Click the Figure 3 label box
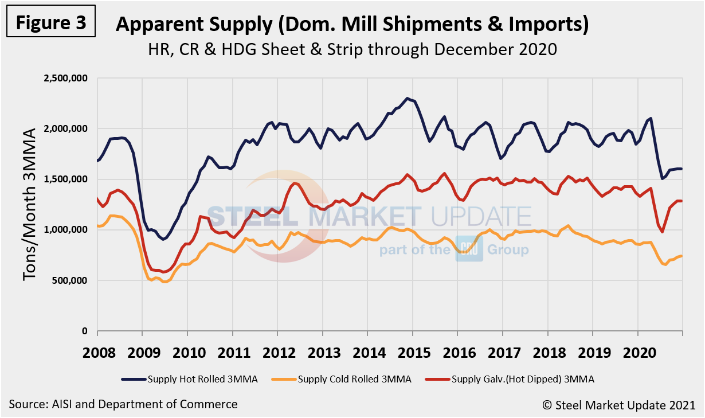pyautogui.click(x=51, y=23)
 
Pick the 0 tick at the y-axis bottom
pyautogui.click(x=84, y=331)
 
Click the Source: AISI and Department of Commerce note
pyautogui.click(x=123, y=404)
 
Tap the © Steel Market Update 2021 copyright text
pyautogui.click(x=619, y=404)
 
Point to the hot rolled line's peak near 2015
pyautogui.click(x=408, y=98)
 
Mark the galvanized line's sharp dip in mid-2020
pyautogui.click(x=663, y=232)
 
